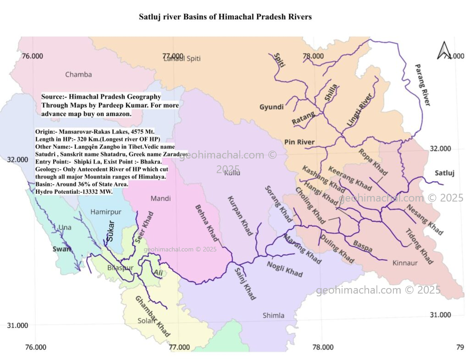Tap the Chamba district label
coord(78,74)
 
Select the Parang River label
coord(422,85)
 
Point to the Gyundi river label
coord(271,107)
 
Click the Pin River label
coord(299,142)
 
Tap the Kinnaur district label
coord(405,263)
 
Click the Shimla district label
coord(273,315)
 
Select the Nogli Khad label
coord(284,269)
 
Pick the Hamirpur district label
coord(106,212)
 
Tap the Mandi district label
coord(160,198)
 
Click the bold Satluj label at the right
coord(444,173)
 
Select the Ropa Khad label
coord(373,162)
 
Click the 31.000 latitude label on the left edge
coord(17,325)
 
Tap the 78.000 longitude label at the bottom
coord(323,347)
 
